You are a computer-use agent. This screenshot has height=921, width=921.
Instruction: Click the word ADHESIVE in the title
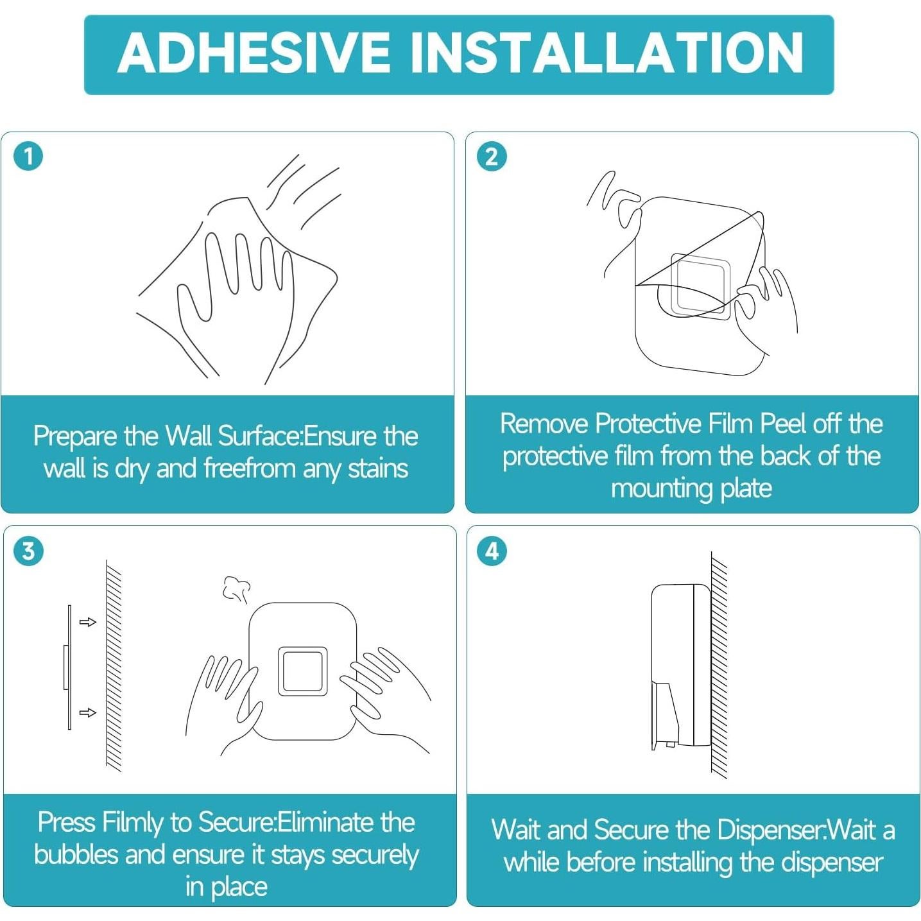[x=254, y=53]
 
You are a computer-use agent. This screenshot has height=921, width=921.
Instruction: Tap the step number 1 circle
[x=29, y=157]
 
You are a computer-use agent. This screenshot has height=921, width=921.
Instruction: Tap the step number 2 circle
[x=492, y=157]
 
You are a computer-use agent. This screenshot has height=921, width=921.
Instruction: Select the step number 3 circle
[x=29, y=551]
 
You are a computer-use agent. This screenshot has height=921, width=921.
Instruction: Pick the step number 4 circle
[x=492, y=551]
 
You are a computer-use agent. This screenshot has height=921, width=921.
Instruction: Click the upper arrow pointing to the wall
[x=88, y=622]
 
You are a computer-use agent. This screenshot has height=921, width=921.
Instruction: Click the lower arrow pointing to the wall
[x=88, y=712]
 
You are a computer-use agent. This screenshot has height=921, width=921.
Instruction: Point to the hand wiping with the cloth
[x=234, y=306]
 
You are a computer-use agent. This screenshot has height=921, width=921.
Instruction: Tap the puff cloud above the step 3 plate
[x=237, y=589]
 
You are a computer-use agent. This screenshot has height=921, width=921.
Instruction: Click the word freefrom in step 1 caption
[x=248, y=468]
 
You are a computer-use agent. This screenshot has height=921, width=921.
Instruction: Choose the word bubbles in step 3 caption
[x=76, y=854]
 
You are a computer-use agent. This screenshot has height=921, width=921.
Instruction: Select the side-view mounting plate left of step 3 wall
[x=68, y=667]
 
